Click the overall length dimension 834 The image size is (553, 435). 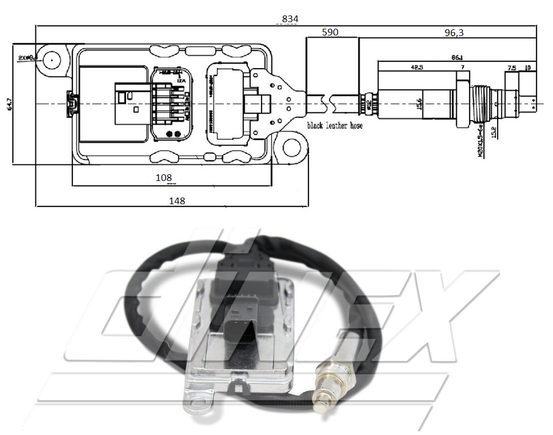click(x=290, y=19)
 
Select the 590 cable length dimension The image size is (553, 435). click(x=330, y=33)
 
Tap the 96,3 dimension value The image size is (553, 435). click(x=453, y=33)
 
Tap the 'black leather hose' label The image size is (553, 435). click(x=335, y=126)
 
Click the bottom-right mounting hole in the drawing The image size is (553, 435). click(x=291, y=148)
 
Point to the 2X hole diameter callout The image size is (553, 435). click(x=26, y=58)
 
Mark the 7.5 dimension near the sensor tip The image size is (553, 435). click(x=512, y=68)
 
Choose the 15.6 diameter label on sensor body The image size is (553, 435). click(x=419, y=103)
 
